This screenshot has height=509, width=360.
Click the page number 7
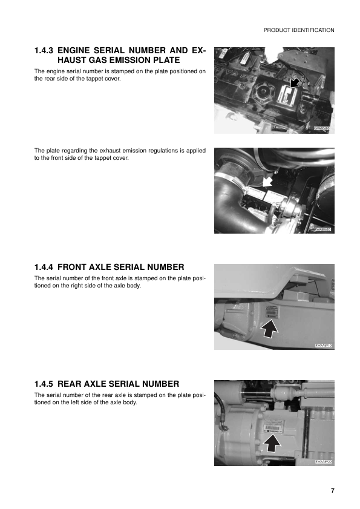(x=332, y=490)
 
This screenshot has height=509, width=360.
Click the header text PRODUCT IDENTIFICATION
(x=299, y=30)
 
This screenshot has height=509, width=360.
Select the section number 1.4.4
(x=45, y=266)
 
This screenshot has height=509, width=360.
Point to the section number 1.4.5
(x=45, y=384)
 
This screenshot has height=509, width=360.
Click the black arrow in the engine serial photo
(x=295, y=82)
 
